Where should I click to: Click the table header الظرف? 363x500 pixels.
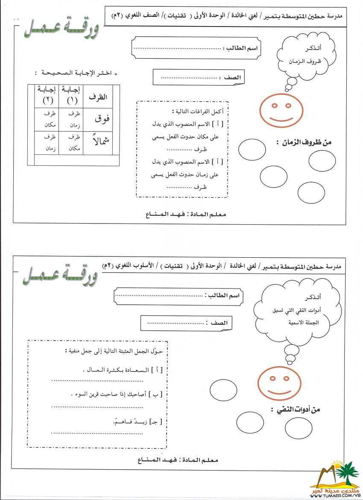tap(98, 97)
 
